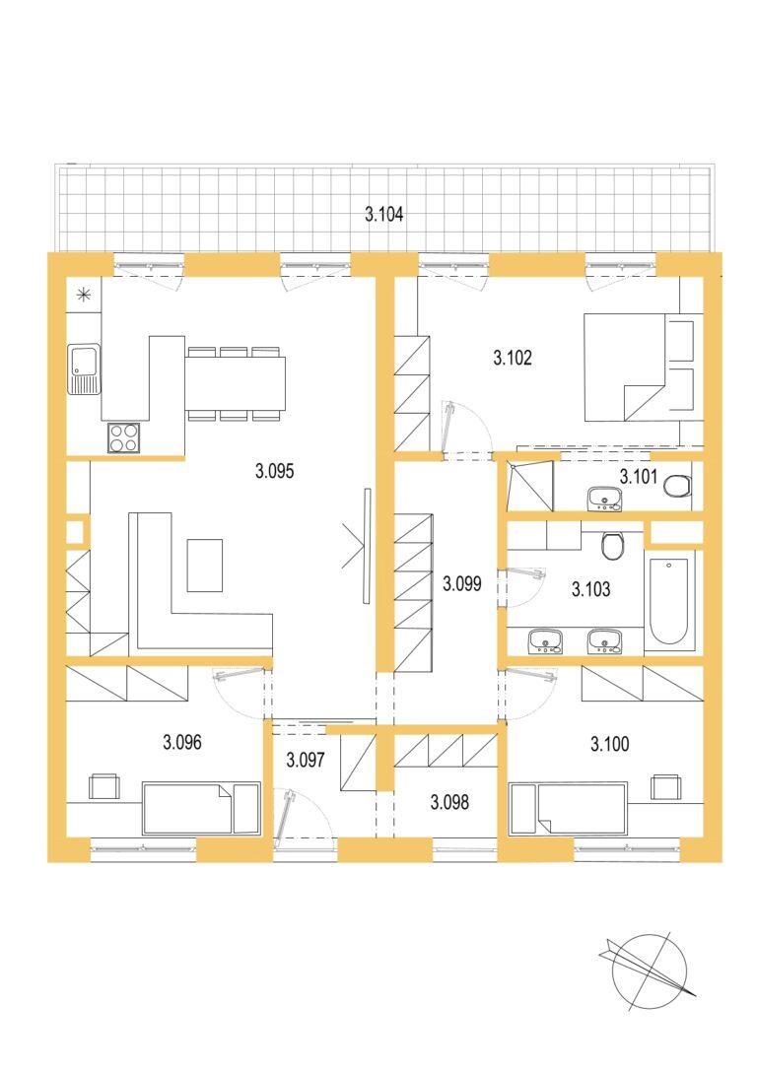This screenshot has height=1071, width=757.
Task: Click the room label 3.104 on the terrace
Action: point(384,215)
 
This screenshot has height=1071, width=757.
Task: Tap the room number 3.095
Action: point(275,471)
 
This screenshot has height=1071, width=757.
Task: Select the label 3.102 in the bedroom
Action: point(513,358)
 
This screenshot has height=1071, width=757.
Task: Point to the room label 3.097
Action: point(306,760)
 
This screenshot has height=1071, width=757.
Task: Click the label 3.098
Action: point(449,802)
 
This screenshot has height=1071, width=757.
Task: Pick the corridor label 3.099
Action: point(462,583)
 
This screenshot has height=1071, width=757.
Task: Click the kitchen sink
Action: point(84,369)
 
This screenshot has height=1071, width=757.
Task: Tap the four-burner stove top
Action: point(123,437)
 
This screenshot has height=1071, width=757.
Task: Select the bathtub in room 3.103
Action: point(669,600)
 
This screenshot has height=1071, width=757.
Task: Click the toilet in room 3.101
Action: point(678,486)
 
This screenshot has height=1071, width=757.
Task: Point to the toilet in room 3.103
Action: point(613,545)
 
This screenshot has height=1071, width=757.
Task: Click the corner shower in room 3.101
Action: point(529,486)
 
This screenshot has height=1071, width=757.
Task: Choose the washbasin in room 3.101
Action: point(604,499)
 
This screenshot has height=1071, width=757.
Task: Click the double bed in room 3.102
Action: point(639,368)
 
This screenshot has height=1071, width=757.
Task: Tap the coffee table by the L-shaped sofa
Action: point(205,565)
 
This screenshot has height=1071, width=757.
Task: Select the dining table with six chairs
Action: point(235,383)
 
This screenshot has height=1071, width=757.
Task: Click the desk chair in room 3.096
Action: point(103,786)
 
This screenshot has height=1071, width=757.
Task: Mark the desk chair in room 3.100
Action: point(665,786)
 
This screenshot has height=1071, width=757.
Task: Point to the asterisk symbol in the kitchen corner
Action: point(84,295)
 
